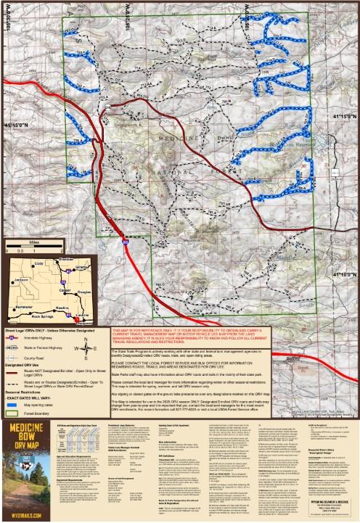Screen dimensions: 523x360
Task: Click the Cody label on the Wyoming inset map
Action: pyautogui.click(x=38, y=263)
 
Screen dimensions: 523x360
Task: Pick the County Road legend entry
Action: pyautogui.click(x=34, y=358)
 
